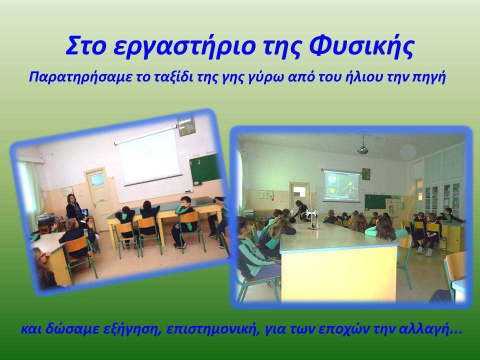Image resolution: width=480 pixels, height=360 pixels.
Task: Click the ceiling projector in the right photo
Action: (x=363, y=149)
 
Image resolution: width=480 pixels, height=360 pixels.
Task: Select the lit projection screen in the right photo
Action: (x=341, y=185)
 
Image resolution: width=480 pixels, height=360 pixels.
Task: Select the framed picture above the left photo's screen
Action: (x=186, y=125)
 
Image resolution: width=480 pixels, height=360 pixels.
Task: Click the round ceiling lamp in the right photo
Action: (x=408, y=151)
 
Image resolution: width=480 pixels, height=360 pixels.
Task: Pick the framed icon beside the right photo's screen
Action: (x=366, y=174)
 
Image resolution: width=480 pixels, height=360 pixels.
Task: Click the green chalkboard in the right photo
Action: (x=378, y=201)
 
